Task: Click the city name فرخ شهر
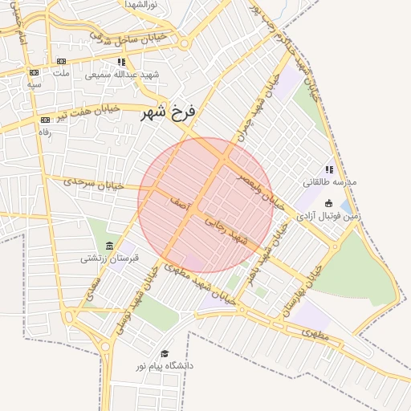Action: (167, 112)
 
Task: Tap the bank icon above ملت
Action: (62, 62)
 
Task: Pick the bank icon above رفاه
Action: (44, 120)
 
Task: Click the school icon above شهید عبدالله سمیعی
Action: (121, 62)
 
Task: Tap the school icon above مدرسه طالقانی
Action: (328, 169)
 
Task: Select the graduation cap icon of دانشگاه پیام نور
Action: (165, 353)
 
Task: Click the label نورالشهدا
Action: (145, 5)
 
